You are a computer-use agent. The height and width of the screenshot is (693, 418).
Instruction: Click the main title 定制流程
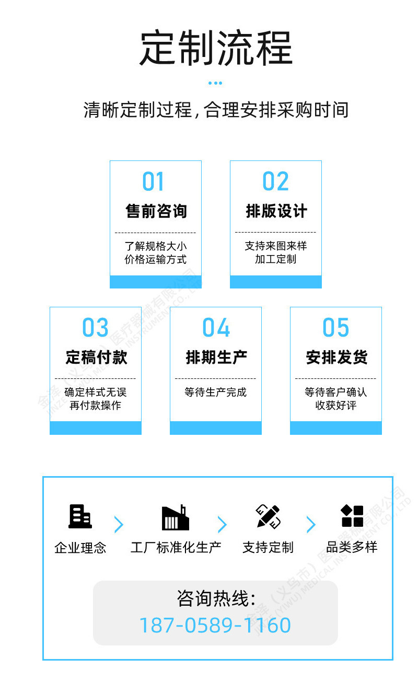(x=216, y=48)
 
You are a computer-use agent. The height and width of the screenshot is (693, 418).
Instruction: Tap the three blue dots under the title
(x=215, y=83)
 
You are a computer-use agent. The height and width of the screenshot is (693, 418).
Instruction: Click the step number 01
(x=153, y=181)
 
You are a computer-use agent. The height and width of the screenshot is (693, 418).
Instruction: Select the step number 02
(x=275, y=181)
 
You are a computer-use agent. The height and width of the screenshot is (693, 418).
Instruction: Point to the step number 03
(x=95, y=327)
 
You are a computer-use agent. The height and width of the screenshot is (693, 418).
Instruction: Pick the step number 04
(x=216, y=327)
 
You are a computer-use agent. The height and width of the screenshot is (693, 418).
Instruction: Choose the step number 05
(x=335, y=327)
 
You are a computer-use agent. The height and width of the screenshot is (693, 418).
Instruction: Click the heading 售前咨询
(x=156, y=211)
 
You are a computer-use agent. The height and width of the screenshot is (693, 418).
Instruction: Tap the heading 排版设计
(x=276, y=211)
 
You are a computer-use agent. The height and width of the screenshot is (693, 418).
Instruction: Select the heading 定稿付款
(x=96, y=357)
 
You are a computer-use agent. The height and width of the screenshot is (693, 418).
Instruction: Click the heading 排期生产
(x=216, y=357)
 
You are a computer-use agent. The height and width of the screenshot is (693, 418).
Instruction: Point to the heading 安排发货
(x=336, y=357)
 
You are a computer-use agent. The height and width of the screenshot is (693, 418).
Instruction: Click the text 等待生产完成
(x=215, y=392)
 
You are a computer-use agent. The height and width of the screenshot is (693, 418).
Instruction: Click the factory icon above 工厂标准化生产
(x=176, y=517)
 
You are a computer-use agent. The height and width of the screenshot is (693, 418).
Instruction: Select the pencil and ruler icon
(x=268, y=517)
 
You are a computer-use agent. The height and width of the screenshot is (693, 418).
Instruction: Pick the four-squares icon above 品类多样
(x=352, y=516)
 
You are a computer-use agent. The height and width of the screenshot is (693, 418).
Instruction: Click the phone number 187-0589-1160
(x=215, y=625)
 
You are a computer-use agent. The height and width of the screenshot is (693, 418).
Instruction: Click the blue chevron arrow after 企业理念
(x=119, y=524)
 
